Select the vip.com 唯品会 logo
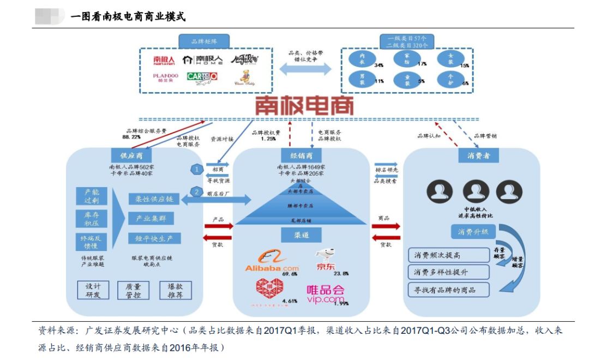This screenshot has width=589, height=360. [x=326, y=293]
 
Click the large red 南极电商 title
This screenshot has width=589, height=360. [x=304, y=106]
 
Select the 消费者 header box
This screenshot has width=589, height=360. [x=478, y=156]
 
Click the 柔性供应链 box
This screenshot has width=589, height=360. [x=154, y=199]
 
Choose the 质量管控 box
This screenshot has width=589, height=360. [x=133, y=290]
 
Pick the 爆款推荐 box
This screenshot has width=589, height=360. [x=175, y=290]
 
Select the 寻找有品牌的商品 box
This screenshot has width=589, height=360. [x=449, y=290]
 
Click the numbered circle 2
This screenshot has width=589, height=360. [x=196, y=191]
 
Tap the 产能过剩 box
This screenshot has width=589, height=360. [x=91, y=196]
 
